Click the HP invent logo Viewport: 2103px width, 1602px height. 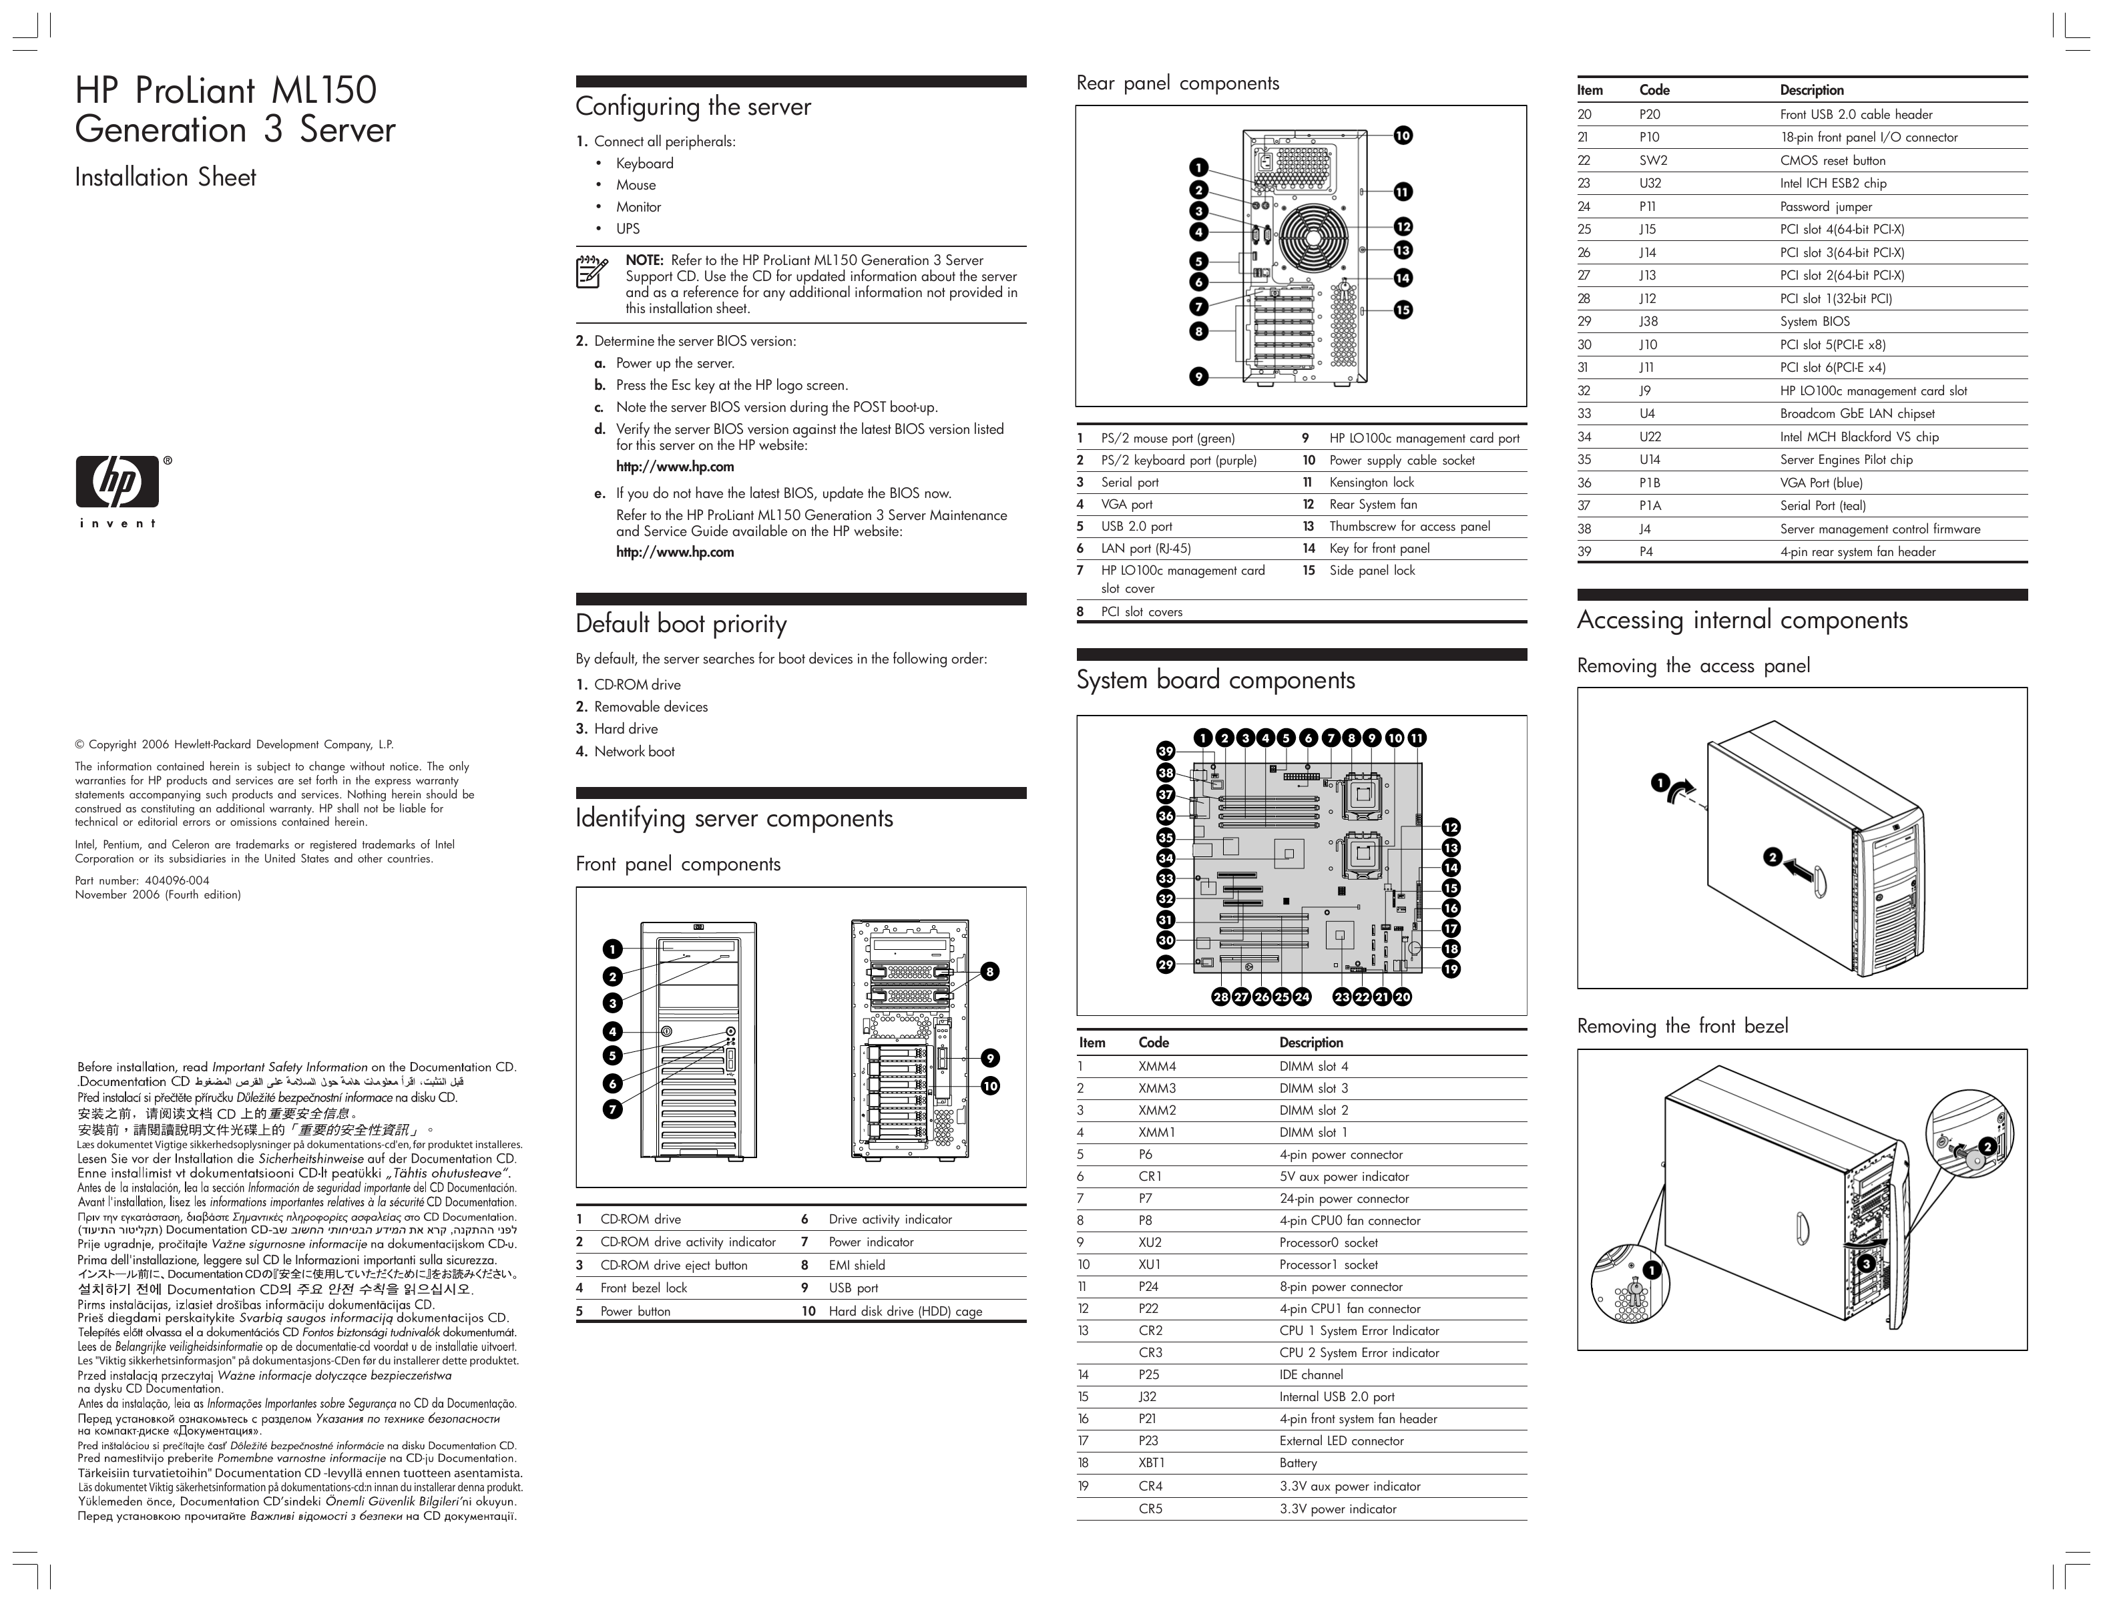[x=118, y=490]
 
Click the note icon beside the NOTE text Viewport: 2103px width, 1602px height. [x=592, y=272]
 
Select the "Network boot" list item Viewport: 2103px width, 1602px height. [x=634, y=752]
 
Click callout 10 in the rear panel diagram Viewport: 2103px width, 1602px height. [x=1403, y=136]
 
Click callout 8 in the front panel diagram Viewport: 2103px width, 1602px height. [x=990, y=972]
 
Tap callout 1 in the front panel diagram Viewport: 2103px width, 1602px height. [x=612, y=949]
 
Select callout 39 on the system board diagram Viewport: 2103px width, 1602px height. [x=1166, y=752]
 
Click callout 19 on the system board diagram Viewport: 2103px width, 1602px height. [x=1451, y=969]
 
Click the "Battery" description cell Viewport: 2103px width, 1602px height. [x=1298, y=1462]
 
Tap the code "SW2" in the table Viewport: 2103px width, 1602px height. [x=1653, y=160]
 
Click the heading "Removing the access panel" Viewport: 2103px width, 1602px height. [x=1693, y=665]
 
